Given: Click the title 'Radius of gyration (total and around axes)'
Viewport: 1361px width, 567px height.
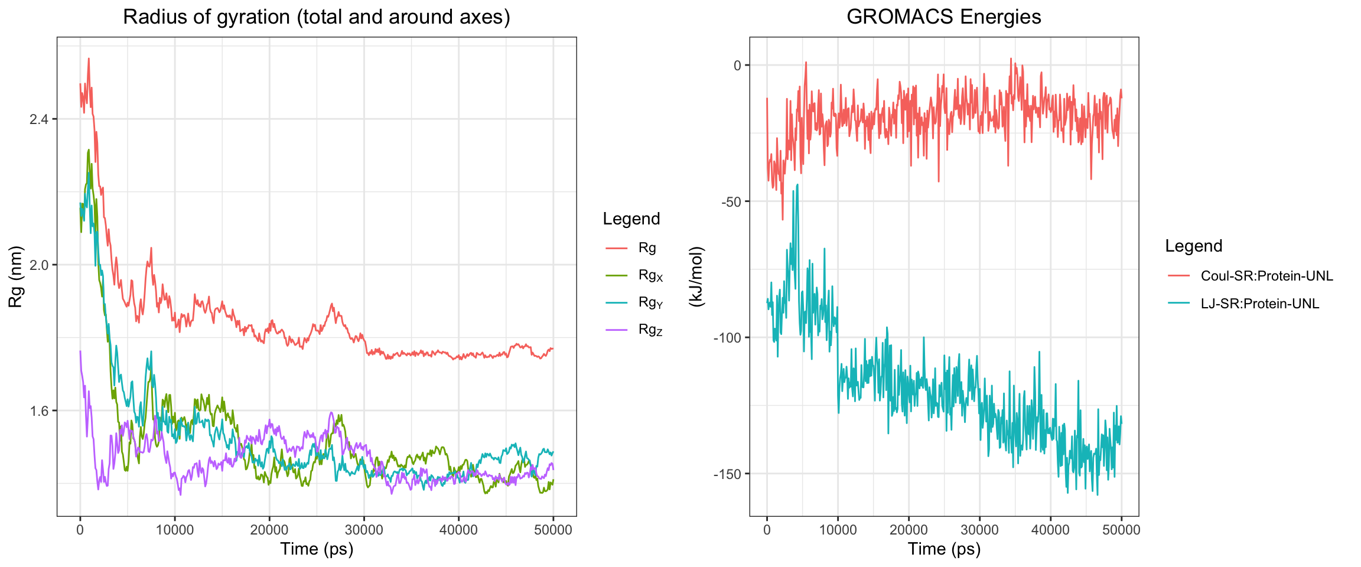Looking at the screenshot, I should pos(316,17).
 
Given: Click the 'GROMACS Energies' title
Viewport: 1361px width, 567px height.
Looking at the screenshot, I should pos(943,17).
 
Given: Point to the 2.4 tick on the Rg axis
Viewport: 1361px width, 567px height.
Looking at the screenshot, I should pos(40,119).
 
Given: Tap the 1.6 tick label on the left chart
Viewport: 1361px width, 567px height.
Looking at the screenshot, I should pos(40,410).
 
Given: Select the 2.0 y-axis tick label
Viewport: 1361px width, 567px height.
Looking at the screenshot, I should pos(40,265).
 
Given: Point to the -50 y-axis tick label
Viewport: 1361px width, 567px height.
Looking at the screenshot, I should pos(731,201).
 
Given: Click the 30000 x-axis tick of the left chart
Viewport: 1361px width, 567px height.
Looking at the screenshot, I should pos(364,530).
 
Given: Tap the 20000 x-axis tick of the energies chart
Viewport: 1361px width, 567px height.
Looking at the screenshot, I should pos(909,530).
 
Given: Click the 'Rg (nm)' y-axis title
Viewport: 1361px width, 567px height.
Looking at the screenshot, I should pos(15,276).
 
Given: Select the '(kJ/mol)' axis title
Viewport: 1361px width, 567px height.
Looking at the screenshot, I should pos(697,276).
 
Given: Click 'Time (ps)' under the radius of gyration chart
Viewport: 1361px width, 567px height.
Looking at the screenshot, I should pos(317,549).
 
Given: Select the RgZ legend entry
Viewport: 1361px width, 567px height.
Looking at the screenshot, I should pos(650,330).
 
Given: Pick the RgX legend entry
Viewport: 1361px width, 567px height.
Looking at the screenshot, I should pos(650,275).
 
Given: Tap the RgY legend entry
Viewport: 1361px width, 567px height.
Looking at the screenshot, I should pos(650,302).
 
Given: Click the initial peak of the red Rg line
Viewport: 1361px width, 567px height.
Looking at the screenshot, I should pos(89,58).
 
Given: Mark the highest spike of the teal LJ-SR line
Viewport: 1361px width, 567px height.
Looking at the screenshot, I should pos(797,184).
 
